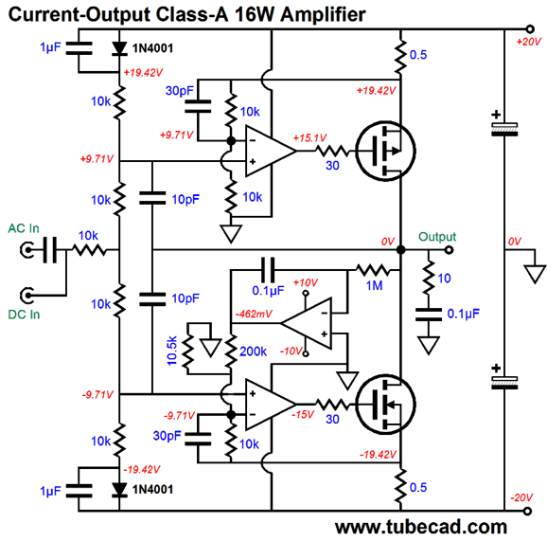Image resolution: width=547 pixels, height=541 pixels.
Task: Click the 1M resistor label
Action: click(375, 286)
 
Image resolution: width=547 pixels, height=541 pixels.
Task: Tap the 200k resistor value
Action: click(253, 352)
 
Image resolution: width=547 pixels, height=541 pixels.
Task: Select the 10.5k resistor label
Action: click(172, 351)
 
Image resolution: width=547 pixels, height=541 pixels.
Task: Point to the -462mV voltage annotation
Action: click(254, 314)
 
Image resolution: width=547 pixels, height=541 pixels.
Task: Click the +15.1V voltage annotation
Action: click(309, 137)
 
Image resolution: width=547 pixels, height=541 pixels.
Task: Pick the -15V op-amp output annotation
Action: click(303, 415)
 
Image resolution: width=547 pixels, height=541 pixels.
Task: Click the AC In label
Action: click(24, 228)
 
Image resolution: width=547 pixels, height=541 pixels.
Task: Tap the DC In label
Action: click(24, 315)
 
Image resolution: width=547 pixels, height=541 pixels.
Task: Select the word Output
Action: click(437, 237)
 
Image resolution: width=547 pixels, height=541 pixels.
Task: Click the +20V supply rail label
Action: click(528, 42)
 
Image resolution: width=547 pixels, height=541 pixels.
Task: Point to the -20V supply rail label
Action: click(521, 497)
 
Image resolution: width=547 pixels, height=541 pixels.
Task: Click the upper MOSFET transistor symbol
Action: click(385, 151)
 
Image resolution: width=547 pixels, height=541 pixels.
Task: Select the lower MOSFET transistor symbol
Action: click(385, 405)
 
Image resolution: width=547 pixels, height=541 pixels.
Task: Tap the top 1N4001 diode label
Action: click(152, 48)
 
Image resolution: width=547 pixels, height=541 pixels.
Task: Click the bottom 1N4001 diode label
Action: click(152, 489)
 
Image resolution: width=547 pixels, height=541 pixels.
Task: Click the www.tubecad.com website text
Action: click(421, 527)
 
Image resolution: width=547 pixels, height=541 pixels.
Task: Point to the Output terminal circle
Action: click(450, 250)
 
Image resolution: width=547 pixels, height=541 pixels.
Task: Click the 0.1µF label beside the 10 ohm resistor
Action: click(464, 314)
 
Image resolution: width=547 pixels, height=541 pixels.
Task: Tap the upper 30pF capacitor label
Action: click(179, 91)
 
